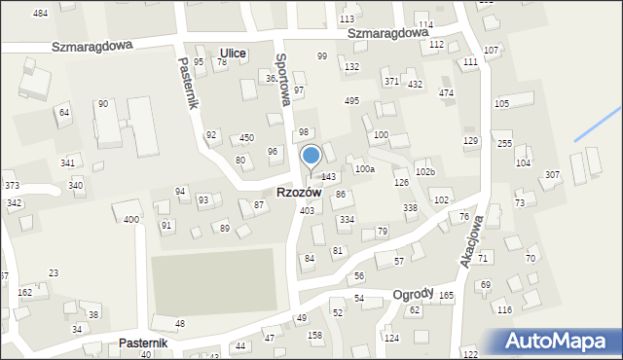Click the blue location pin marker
[x=311, y=157]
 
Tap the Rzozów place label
[x=299, y=193]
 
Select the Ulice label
[x=233, y=54]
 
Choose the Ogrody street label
[x=413, y=294]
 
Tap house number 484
[x=40, y=14]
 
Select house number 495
[x=351, y=101]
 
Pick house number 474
[x=446, y=93]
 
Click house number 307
[x=552, y=175]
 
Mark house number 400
[x=130, y=220]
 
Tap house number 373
[x=12, y=186]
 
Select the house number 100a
[x=364, y=169]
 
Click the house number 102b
[x=425, y=172]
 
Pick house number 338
[x=410, y=208]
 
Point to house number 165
[x=446, y=295]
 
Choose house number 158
[x=315, y=336]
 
